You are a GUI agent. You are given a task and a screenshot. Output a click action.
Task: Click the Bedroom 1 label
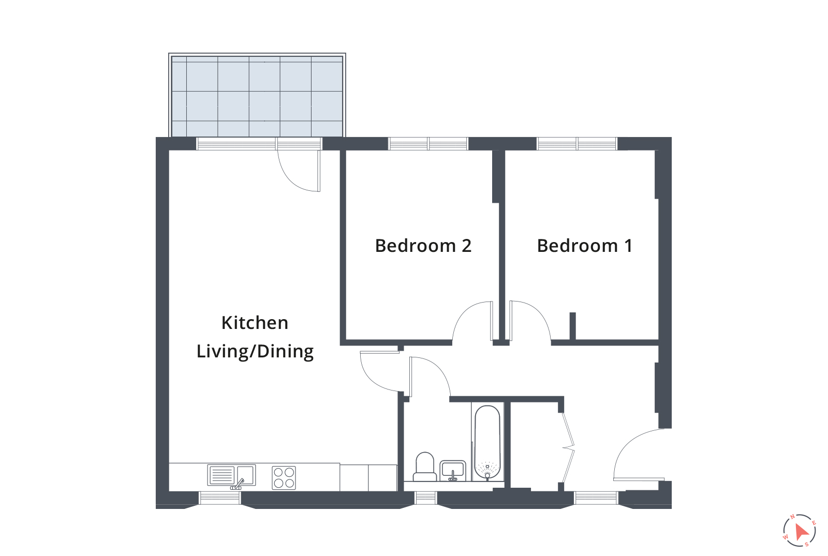585,246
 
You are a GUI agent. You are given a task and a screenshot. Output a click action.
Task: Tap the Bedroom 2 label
423,246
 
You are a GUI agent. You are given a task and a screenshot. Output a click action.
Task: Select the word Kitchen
255,323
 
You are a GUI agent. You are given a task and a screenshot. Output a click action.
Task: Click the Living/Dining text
255,351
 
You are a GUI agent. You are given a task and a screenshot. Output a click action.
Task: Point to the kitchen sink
231,475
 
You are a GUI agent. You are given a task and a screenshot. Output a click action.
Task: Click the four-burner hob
284,477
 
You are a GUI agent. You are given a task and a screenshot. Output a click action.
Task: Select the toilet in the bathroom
425,467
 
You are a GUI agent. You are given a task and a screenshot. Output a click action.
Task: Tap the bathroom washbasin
453,471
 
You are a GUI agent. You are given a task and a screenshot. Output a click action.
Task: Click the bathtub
487,443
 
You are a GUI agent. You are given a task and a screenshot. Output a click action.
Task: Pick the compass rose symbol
799,531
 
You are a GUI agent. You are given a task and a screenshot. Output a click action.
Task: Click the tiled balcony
257,96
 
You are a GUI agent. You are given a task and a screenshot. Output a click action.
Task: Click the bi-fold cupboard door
568,447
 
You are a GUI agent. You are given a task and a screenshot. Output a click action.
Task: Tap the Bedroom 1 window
577,144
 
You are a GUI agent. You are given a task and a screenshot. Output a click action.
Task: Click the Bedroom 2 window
428,144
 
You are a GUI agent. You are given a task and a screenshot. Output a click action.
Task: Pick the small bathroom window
425,498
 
